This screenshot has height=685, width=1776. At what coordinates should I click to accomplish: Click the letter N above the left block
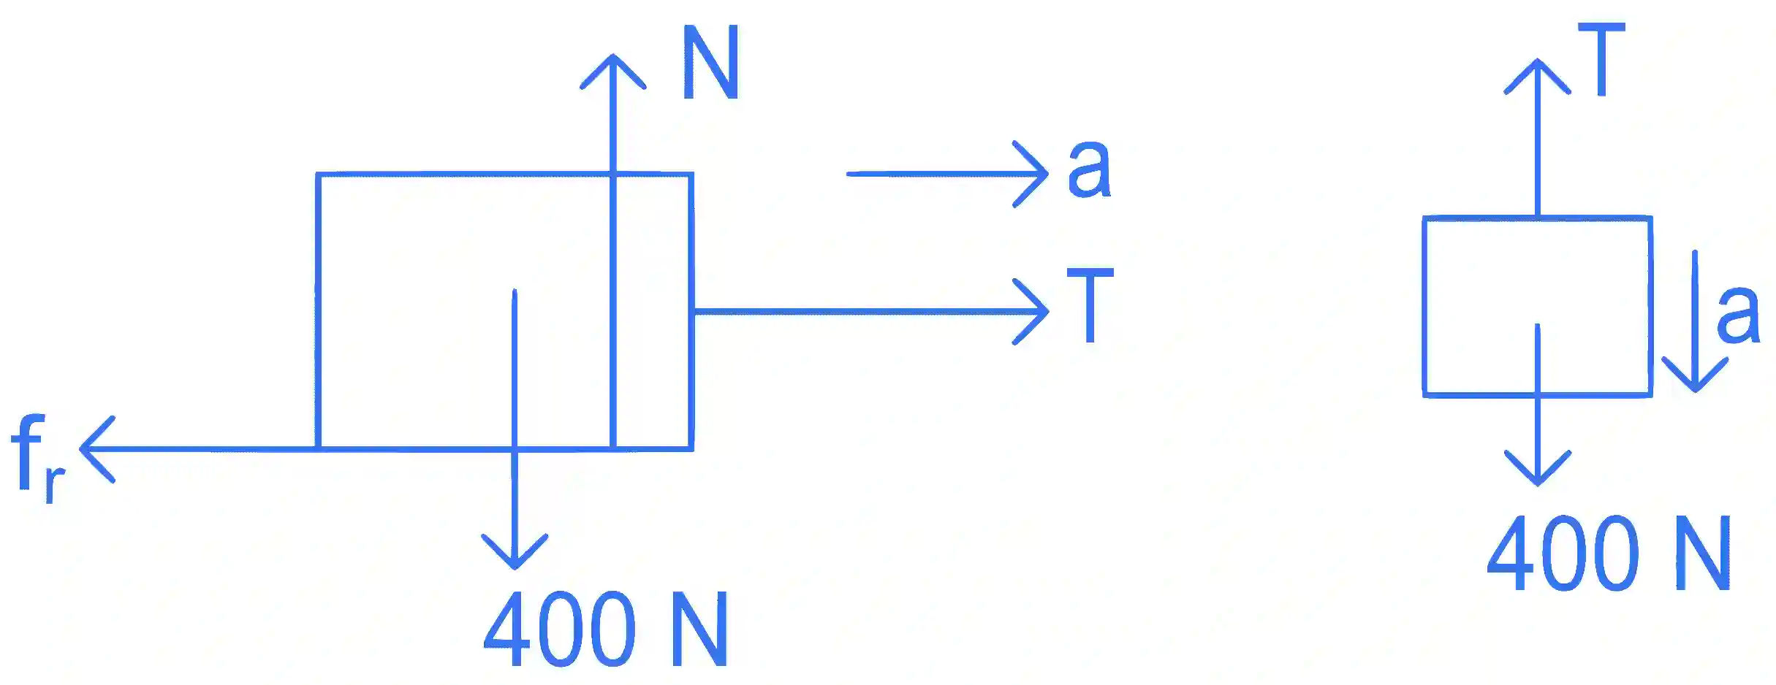click(x=710, y=62)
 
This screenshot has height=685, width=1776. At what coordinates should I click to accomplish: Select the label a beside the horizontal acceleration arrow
click(x=1089, y=169)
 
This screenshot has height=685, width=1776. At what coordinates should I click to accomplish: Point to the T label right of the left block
click(x=1090, y=305)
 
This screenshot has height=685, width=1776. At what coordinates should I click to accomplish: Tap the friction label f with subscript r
click(x=38, y=457)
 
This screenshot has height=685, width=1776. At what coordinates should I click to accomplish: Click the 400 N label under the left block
click(x=606, y=629)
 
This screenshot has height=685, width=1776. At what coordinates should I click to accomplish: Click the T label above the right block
click(x=1601, y=59)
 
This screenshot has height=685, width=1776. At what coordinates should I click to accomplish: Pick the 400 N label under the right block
click(x=1609, y=553)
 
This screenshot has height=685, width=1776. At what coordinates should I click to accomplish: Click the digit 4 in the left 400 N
click(x=506, y=629)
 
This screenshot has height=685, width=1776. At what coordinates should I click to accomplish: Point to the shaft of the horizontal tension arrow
click(x=870, y=312)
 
